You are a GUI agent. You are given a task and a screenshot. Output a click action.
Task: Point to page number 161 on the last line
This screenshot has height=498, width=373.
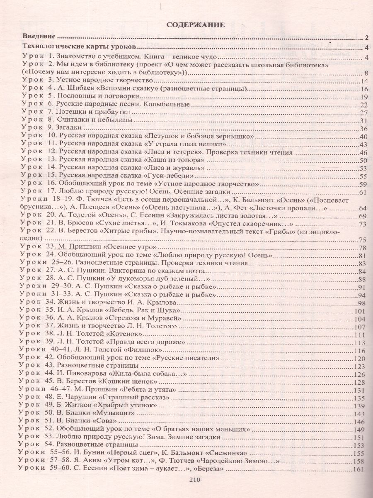tap(359, 469)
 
